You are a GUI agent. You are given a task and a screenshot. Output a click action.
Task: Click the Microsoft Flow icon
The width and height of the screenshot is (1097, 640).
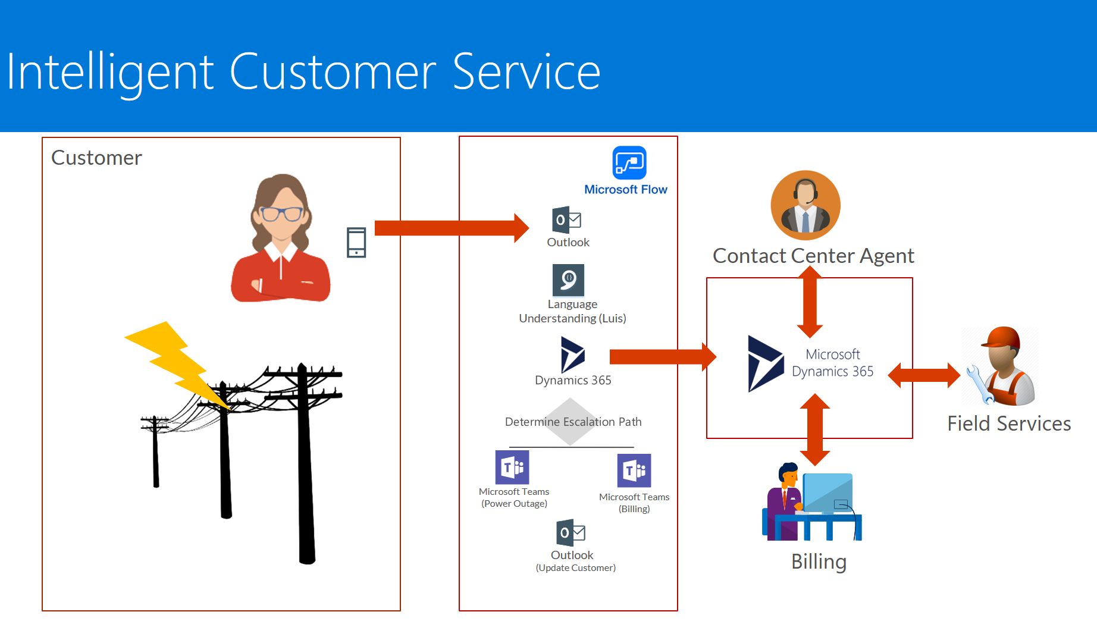(x=629, y=162)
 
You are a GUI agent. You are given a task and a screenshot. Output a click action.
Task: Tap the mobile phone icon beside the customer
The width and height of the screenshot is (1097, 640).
(x=356, y=243)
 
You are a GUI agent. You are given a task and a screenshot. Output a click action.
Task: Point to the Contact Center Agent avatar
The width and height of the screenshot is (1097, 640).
(x=805, y=206)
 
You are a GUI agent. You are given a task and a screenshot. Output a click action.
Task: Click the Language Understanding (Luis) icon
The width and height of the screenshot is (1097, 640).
(x=568, y=280)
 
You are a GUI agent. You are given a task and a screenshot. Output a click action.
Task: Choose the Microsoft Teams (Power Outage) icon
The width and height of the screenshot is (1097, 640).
(x=512, y=468)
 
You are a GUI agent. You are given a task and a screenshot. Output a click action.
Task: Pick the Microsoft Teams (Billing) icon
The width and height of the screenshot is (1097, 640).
(x=634, y=470)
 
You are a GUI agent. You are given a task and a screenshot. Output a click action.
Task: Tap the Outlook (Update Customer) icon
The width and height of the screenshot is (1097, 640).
(x=571, y=533)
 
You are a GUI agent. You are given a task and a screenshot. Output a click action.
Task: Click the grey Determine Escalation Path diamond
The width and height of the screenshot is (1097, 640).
(x=571, y=422)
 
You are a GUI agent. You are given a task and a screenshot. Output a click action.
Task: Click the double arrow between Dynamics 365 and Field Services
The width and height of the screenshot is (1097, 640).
(x=924, y=375)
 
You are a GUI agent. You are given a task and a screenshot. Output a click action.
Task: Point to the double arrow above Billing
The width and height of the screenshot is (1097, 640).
(x=815, y=429)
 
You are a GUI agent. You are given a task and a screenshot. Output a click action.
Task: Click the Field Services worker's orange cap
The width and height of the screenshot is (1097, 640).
(x=1002, y=337)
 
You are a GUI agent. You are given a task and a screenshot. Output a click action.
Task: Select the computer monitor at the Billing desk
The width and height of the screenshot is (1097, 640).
(x=828, y=492)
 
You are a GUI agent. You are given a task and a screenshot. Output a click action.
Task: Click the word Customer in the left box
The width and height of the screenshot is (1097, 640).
(x=96, y=158)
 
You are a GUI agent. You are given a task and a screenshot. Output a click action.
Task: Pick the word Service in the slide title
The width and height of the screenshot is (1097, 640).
(x=526, y=72)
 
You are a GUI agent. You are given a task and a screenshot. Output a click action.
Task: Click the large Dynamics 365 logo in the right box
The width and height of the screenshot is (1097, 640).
(x=765, y=363)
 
